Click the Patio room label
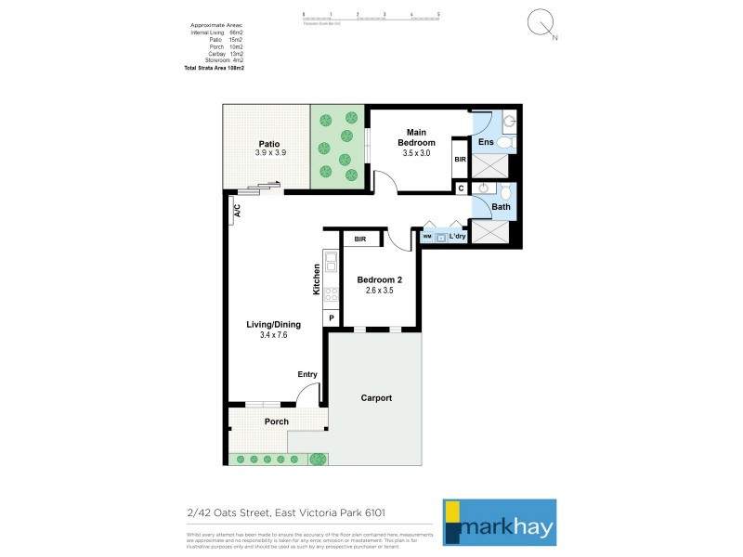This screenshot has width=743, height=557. [x=269, y=144]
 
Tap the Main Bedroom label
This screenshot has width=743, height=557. [x=417, y=137]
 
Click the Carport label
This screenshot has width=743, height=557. [x=376, y=397]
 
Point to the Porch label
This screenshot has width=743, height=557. [x=276, y=421]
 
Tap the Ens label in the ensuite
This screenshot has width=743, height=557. [x=486, y=142]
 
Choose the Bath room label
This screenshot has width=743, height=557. [x=501, y=207]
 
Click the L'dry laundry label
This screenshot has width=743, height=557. [x=456, y=237]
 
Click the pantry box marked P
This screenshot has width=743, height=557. [x=332, y=318]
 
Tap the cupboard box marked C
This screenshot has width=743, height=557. [x=461, y=188]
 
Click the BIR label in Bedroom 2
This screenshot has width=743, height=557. [x=360, y=240]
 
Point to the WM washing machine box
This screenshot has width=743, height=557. [x=427, y=237]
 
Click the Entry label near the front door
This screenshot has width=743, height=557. [x=307, y=374]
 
